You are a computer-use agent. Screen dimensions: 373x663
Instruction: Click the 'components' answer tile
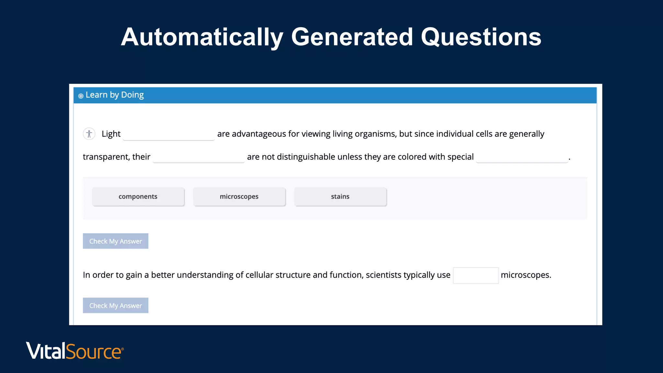pos(138,197)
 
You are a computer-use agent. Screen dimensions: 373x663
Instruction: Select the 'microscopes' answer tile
pos(239,197)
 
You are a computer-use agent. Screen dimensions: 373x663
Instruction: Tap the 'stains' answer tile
pos(340,197)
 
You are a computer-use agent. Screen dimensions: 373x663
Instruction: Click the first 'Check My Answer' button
pos(116,241)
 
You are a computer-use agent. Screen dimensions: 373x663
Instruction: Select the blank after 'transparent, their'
pos(198,157)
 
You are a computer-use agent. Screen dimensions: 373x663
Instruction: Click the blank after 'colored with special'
pos(522,157)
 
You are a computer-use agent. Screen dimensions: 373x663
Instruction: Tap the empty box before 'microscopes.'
pos(476,275)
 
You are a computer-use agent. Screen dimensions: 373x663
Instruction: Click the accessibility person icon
pos(89,134)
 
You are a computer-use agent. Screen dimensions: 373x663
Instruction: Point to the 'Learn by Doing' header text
pos(115,95)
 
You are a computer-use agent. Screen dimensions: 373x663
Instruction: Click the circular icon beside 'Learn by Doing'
pos(81,96)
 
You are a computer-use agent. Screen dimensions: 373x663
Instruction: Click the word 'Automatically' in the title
pos(202,37)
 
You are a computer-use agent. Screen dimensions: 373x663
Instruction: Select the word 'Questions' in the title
pos(481,37)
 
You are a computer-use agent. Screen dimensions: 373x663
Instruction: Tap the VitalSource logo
pos(75,351)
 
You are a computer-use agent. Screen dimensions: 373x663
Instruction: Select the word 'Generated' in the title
pos(352,37)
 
